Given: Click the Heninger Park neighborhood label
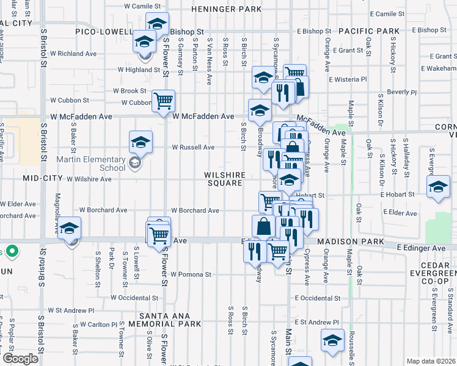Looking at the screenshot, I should point(226,10).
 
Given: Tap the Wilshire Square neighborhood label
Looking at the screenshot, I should point(225,179).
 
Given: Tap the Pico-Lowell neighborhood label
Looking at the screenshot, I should point(104,32).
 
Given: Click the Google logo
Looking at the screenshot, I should point(20,359).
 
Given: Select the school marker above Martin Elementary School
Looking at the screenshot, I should point(141,142).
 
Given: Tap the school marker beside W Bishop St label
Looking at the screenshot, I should point(157,24).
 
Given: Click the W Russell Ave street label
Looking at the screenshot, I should point(193,147).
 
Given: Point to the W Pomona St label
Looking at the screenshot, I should point(191,274).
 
